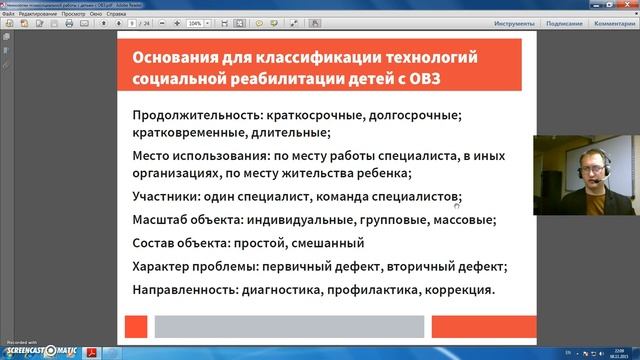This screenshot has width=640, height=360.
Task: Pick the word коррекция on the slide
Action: tap(459, 291)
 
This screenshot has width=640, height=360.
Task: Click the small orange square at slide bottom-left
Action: tap(136, 325)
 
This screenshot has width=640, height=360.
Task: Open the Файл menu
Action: tap(9, 12)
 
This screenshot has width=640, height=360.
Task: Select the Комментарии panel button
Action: tap(612, 22)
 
